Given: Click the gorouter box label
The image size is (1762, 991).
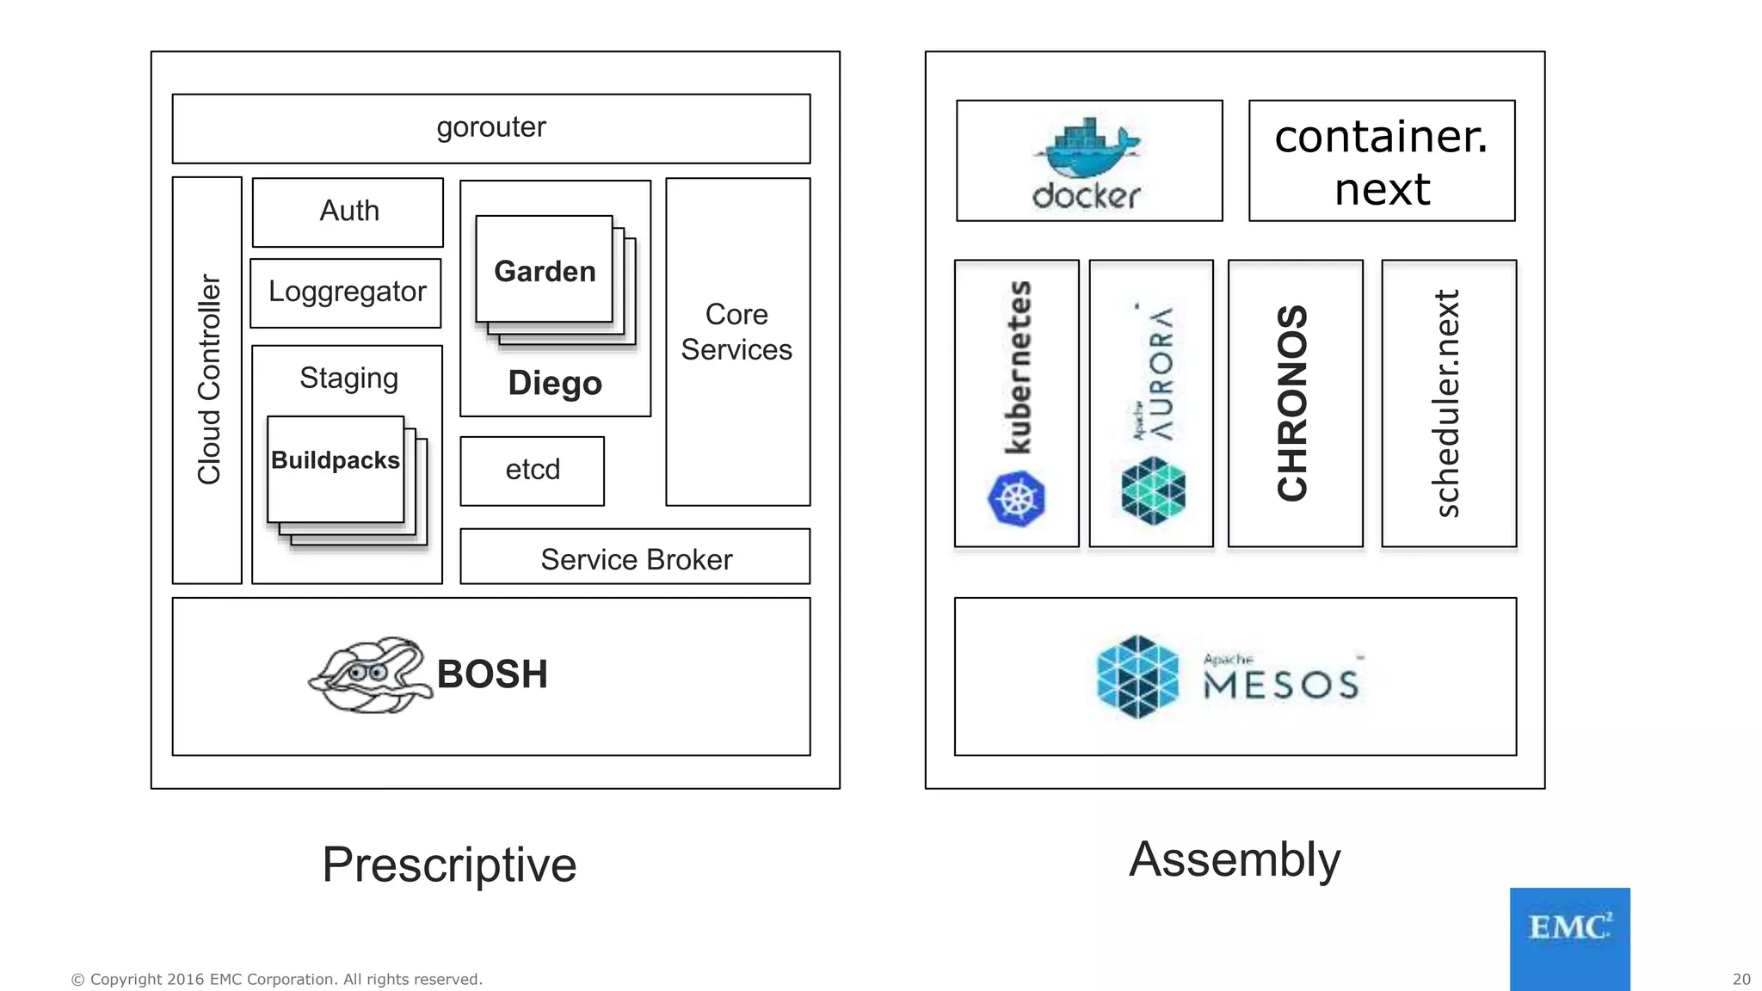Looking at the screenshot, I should [x=490, y=127].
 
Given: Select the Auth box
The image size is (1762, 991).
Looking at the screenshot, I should [x=348, y=212].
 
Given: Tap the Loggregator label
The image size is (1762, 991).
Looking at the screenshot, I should [x=347, y=292].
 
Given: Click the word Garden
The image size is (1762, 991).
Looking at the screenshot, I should [x=545, y=272].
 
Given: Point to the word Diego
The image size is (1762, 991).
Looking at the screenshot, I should [x=555, y=383].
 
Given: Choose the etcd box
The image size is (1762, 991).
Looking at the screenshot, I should [x=533, y=470].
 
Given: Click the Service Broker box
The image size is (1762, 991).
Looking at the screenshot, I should [x=636, y=559].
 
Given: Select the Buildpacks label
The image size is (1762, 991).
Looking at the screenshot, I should [x=336, y=460].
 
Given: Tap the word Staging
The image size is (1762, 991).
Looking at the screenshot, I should [x=348, y=379].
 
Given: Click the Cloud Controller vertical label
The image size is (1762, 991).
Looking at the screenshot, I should [x=209, y=379].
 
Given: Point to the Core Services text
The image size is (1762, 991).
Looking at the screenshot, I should [x=736, y=332].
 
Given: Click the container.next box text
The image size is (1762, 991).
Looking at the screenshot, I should [x=1381, y=162].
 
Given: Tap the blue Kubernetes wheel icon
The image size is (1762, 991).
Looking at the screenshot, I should [x=1016, y=498].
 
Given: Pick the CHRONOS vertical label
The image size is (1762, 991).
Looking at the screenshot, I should [x=1293, y=403].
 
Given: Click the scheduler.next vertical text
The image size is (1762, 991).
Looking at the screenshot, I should [x=1448, y=403].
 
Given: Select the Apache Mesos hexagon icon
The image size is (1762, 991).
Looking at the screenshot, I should [x=1138, y=676].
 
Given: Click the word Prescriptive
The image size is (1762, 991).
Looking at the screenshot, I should [x=449, y=865].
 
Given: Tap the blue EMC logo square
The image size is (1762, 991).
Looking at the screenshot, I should [x=1569, y=938].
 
